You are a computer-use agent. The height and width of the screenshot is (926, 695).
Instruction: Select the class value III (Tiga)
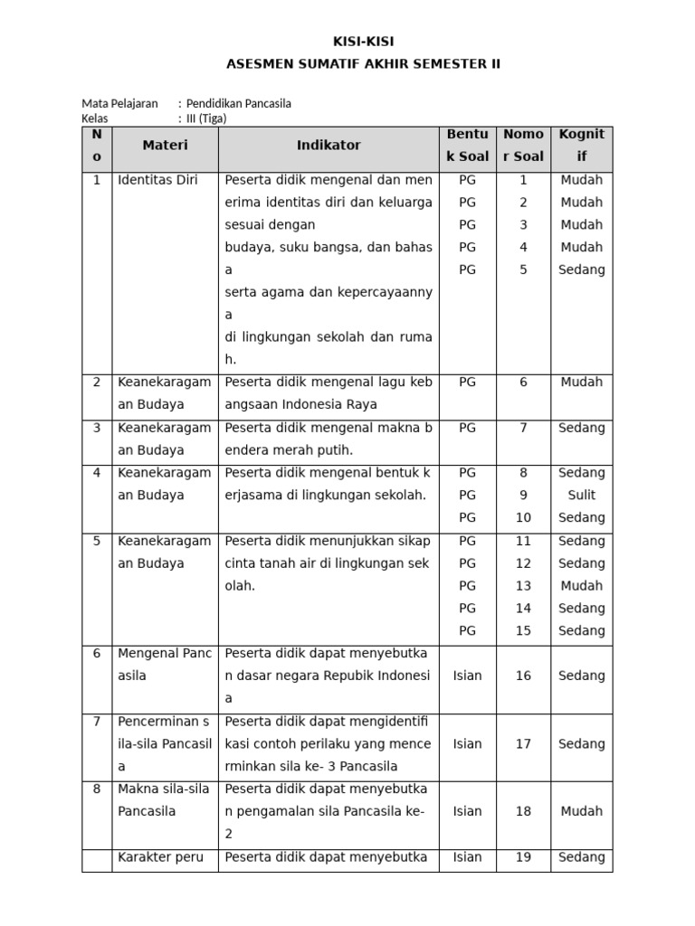click(206, 118)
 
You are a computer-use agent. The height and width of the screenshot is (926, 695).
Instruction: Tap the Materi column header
click(165, 146)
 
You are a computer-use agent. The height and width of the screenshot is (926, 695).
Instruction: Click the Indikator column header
click(328, 146)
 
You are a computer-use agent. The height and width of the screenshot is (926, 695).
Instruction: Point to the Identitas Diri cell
click(157, 180)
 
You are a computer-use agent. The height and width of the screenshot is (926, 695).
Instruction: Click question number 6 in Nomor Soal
click(523, 383)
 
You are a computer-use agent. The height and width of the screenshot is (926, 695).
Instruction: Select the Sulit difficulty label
click(581, 496)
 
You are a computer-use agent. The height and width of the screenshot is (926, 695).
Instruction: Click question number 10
click(523, 518)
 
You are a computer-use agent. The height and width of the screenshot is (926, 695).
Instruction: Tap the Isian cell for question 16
click(467, 676)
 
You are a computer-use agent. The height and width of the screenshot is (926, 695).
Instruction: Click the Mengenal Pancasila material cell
click(164, 665)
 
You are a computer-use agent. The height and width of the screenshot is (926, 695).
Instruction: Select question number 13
click(523, 586)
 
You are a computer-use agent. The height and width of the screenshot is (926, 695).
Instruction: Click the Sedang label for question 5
click(581, 269)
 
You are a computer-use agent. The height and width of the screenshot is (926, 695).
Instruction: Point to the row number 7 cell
click(97, 722)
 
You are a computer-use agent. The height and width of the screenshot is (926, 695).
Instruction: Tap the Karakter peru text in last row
click(161, 857)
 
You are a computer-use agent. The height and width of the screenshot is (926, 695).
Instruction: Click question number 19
click(523, 857)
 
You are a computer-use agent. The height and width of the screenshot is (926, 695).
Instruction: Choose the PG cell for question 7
click(467, 428)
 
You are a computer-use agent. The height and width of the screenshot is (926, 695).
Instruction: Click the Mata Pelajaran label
click(119, 104)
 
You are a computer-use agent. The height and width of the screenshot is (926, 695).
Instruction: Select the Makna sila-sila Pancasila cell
click(164, 800)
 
